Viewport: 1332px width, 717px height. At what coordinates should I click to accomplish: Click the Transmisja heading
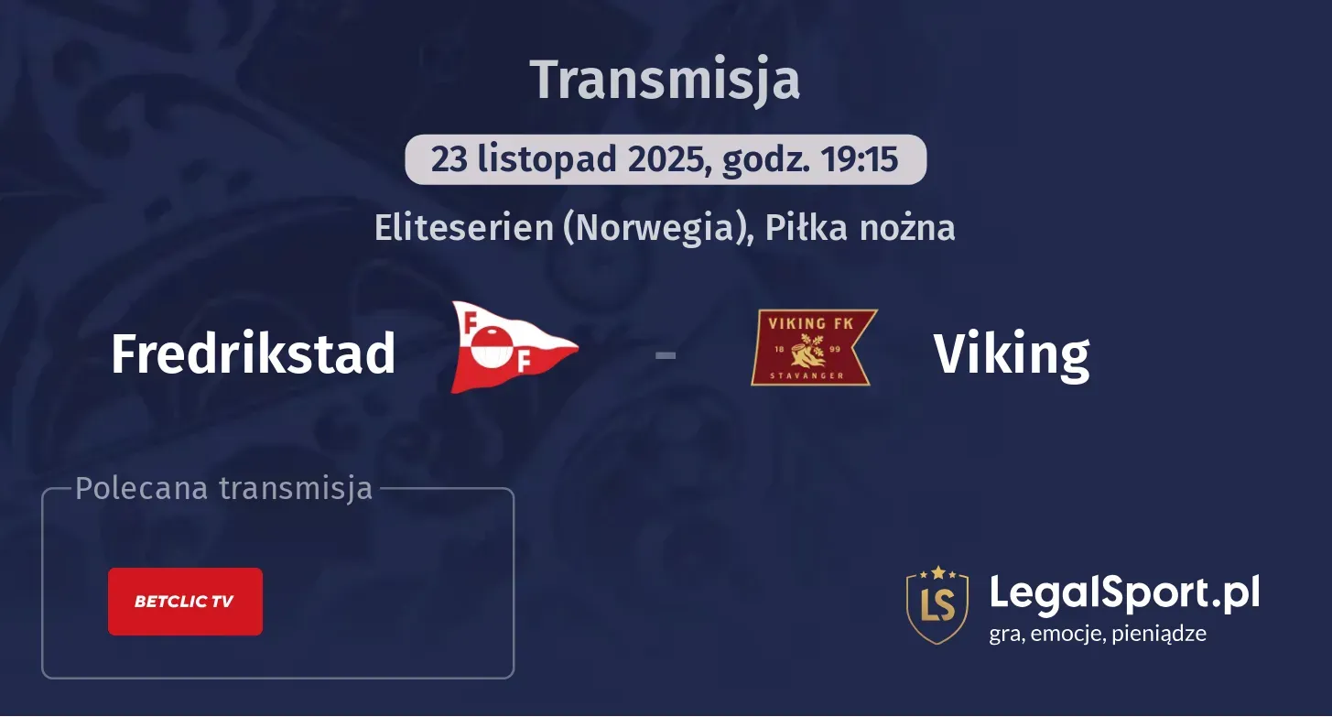point(666,80)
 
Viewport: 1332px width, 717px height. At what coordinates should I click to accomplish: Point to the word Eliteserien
point(463,227)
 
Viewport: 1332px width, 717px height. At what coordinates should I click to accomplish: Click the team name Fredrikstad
point(253,353)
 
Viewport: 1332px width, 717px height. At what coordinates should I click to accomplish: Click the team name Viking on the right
point(1011,354)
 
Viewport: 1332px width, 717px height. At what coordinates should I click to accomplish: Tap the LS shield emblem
point(937,604)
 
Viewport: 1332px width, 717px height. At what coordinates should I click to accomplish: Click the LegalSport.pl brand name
point(1124,592)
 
